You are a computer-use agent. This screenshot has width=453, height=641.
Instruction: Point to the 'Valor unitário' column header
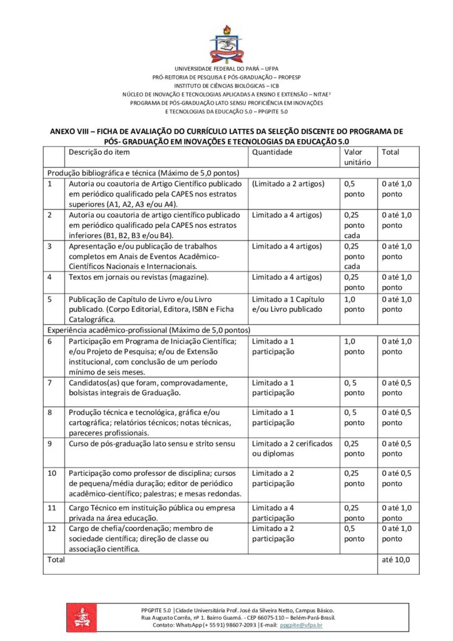tap(357, 157)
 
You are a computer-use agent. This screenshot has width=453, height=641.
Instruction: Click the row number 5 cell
tap(49, 299)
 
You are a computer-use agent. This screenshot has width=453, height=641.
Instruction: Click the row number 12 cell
tap(52, 528)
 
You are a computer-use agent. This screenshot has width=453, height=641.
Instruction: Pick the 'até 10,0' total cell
tap(395, 560)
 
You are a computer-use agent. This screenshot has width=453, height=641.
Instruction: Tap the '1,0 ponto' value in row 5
tap(354, 304)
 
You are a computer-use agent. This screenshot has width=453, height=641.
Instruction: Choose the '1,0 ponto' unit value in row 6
tap(354, 346)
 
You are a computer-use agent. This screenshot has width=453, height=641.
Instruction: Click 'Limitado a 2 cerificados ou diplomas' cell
tap(292, 448)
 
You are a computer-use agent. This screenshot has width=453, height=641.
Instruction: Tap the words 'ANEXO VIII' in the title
tap(74, 131)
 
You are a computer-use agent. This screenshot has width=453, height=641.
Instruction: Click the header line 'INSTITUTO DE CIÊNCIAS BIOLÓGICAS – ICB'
tap(226, 85)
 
